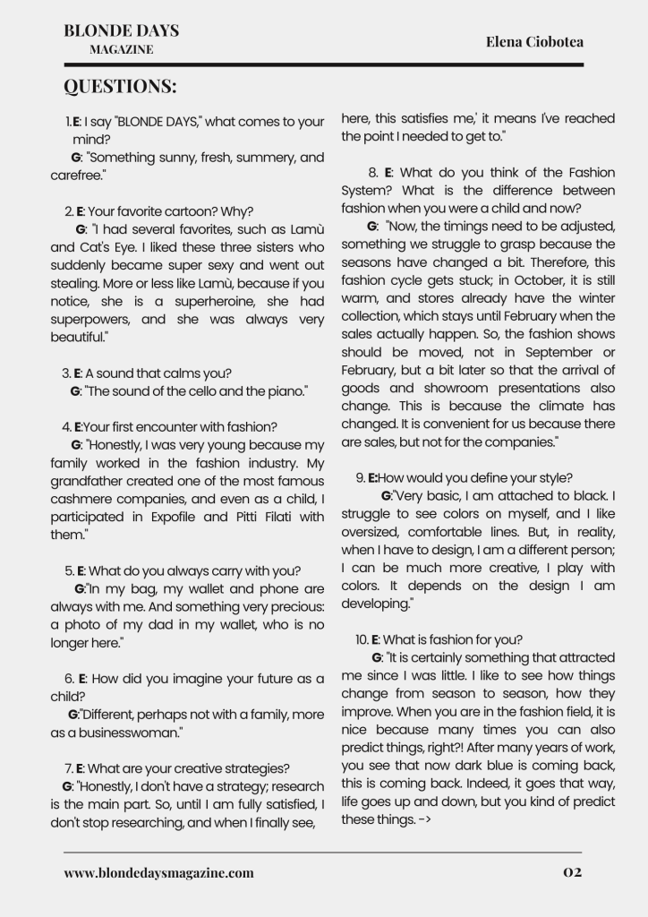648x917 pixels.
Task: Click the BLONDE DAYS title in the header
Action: pos(121,30)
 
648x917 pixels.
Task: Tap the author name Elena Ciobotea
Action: pos(533,41)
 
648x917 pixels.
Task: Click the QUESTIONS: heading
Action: pos(120,87)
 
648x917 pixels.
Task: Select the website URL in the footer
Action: pos(158,872)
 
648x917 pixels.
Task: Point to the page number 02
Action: pos(573,872)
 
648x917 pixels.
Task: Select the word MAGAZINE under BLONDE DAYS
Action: pos(121,50)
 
